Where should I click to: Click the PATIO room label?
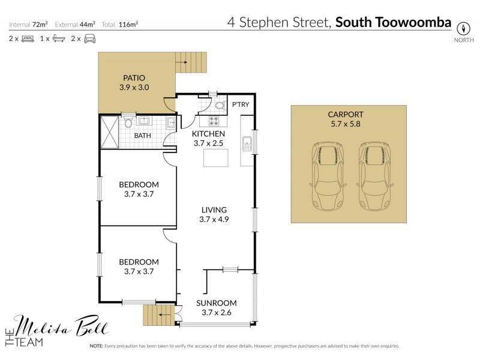(134, 78)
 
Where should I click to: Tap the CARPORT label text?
(346, 114)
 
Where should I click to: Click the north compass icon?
(463, 28)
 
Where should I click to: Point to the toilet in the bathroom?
(127, 122)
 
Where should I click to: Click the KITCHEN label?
(208, 134)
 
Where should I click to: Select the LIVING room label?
(214, 210)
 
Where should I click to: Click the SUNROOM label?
(216, 303)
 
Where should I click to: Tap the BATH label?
(143, 136)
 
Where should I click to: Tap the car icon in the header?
(90, 38)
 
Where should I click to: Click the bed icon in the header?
(28, 38)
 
